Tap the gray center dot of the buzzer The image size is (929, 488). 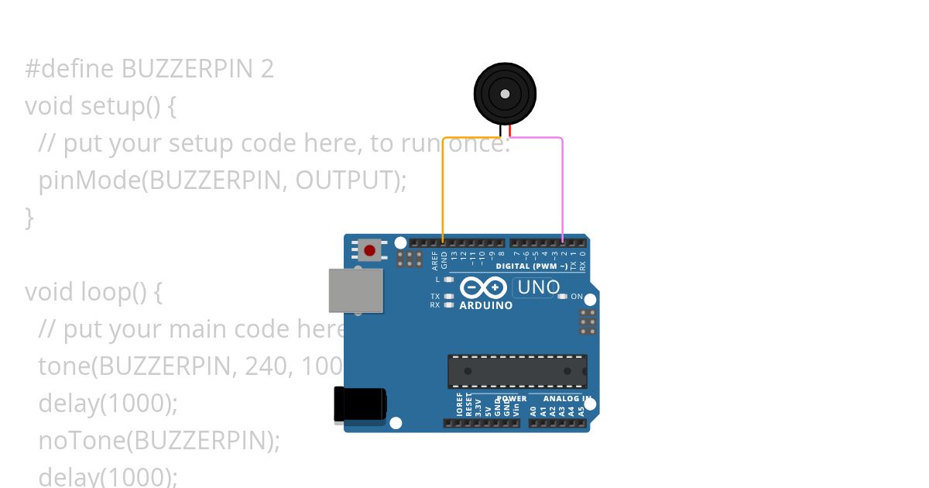pyautogui.click(x=505, y=94)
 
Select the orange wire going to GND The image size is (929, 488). pyautogui.click(x=443, y=186)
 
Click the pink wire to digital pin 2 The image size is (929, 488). pyautogui.click(x=562, y=186)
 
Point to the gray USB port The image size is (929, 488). pyautogui.click(x=355, y=290)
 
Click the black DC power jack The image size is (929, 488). pyautogui.click(x=359, y=404)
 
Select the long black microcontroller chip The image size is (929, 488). pyautogui.click(x=517, y=371)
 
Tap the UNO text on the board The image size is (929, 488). pyautogui.click(x=538, y=287)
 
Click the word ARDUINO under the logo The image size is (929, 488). pyautogui.click(x=485, y=305)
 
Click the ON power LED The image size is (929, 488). pyautogui.click(x=564, y=297)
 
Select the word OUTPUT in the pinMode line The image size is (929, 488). pyautogui.click(x=347, y=180)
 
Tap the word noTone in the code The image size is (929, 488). pyautogui.click(x=81, y=440)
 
